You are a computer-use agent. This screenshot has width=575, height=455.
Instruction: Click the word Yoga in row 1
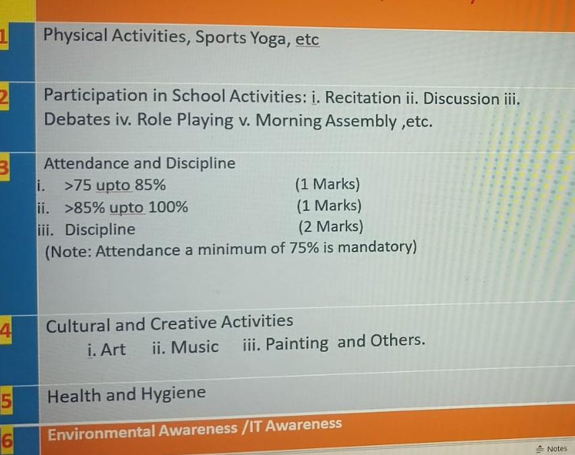[x=268, y=38]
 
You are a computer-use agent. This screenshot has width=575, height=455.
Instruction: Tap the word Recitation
[x=363, y=98]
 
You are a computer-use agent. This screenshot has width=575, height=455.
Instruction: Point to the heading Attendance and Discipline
[x=140, y=163]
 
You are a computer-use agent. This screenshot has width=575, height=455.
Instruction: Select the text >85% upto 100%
[x=126, y=207]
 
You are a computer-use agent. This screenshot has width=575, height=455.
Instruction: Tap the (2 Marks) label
[x=330, y=226]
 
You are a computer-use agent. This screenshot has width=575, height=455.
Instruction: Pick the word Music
[x=194, y=347]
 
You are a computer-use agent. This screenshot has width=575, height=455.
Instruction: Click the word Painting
[x=297, y=344]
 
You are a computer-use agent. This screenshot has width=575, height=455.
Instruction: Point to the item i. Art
[x=107, y=350]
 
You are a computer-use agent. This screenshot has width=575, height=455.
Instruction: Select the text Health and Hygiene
[x=126, y=394]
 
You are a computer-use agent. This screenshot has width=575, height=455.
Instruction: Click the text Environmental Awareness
[x=142, y=431]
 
